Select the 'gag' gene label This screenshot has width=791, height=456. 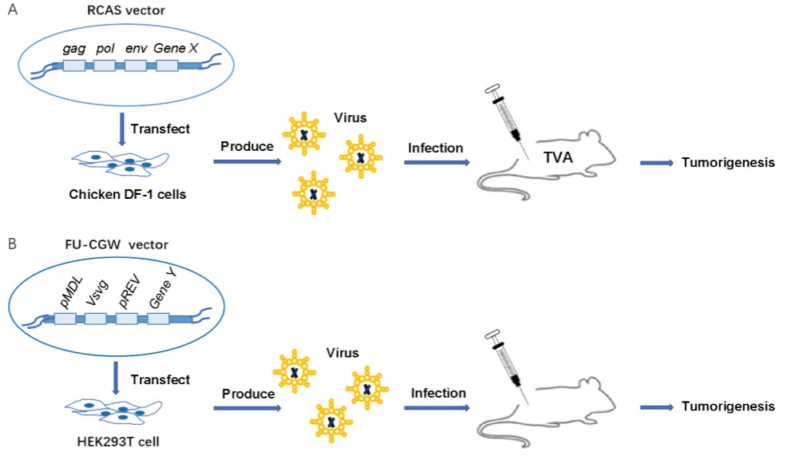tap(73, 49)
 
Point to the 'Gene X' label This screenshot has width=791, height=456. tap(176, 49)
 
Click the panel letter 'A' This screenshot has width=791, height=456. tap(10, 13)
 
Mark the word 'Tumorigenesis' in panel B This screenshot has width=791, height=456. tap(727, 406)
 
